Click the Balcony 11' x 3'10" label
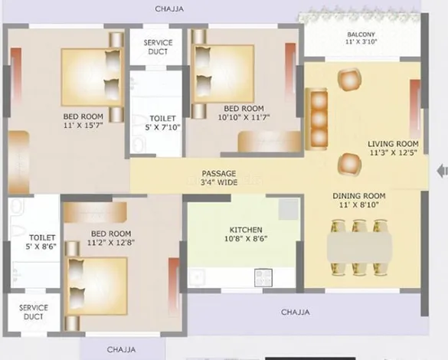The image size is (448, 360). [x=361, y=38]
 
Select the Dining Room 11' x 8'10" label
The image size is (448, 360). [x=359, y=200]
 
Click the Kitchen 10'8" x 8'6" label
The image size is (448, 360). [x=246, y=234]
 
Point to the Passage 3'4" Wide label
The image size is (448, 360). [x=219, y=178]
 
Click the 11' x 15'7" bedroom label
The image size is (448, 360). [x=83, y=120]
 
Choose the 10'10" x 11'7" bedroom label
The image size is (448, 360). [x=244, y=113]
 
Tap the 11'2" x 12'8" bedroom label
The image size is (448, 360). [x=111, y=238]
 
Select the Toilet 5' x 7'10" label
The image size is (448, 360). [x=162, y=123]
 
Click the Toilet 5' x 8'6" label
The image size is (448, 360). [x=41, y=242]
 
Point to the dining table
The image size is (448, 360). [x=359, y=247]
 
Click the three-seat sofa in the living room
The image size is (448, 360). [x=316, y=119]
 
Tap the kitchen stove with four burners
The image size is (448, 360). [x=263, y=277]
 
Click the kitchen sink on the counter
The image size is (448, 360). [x=197, y=277]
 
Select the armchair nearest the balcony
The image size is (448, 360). [x=349, y=80]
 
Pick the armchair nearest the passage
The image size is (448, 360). [x=349, y=165]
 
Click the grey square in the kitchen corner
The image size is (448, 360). [x=289, y=209]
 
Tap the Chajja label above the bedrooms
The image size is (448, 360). [x=169, y=9]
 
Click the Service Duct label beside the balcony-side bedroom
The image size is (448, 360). [x=158, y=47]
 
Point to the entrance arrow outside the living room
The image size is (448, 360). [x=443, y=171]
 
